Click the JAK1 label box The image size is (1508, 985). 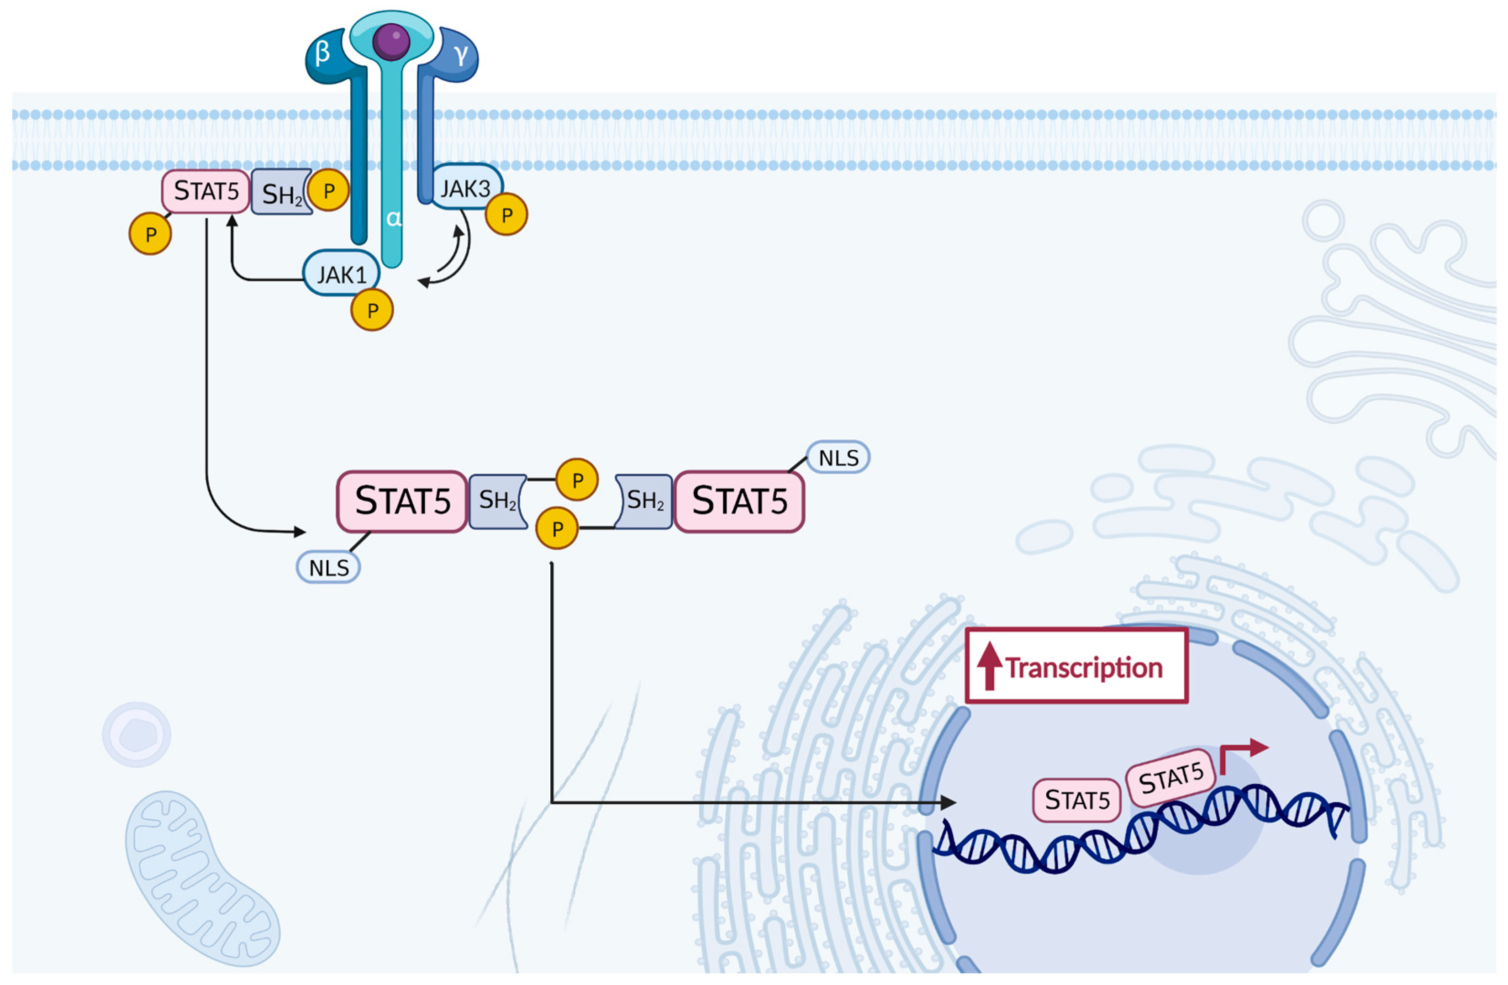pyautogui.click(x=341, y=274)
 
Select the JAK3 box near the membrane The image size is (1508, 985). pyautogui.click(x=466, y=188)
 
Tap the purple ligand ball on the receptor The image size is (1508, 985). pyautogui.click(x=391, y=41)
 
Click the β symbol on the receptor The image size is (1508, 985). pyautogui.click(x=322, y=53)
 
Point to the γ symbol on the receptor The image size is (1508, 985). pyautogui.click(x=461, y=55)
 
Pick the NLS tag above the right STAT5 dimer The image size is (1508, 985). pyautogui.click(x=838, y=458)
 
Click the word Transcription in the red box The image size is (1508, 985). pyautogui.click(x=1083, y=668)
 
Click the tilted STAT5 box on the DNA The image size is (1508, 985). pyautogui.click(x=1171, y=778)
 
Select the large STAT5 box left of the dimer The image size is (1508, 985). pyautogui.click(x=402, y=501)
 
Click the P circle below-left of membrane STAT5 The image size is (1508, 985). pyautogui.click(x=150, y=234)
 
